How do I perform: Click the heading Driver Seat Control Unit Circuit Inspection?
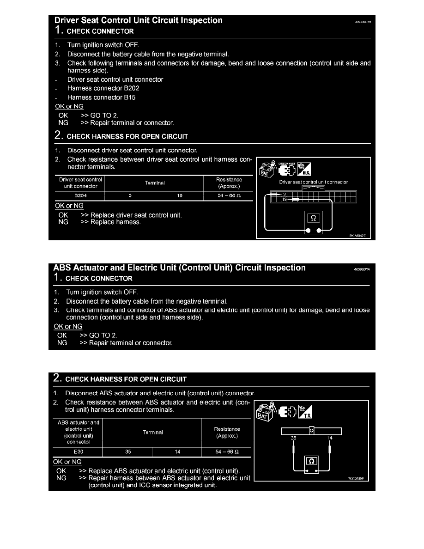(x=139, y=21)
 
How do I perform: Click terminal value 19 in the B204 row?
(x=180, y=196)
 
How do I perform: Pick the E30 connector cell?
(x=78, y=452)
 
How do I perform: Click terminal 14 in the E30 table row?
(x=178, y=452)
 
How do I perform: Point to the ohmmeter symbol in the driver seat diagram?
(x=313, y=219)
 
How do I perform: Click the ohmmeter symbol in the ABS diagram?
(x=312, y=461)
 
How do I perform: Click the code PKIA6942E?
(x=357, y=235)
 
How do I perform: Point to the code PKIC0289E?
(x=355, y=479)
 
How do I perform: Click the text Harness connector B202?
(x=103, y=88)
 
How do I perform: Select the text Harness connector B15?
(x=101, y=98)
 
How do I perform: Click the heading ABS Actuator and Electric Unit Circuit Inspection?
(x=179, y=268)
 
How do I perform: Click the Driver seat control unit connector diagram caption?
(x=314, y=182)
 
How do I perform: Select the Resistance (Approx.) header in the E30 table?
(x=226, y=433)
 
